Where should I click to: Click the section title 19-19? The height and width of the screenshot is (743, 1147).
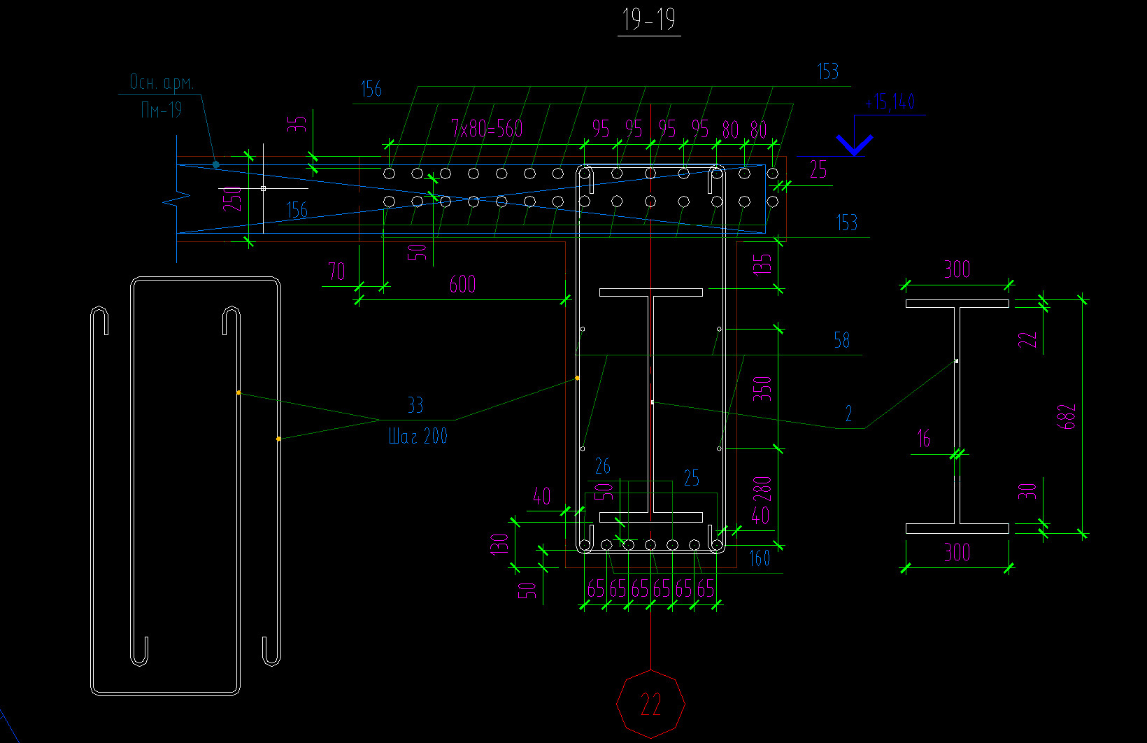[x=649, y=20]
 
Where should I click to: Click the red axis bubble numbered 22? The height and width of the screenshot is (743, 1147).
[x=650, y=704]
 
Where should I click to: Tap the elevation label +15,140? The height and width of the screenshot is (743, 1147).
[x=890, y=102]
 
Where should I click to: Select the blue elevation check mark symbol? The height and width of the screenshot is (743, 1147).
[x=855, y=145]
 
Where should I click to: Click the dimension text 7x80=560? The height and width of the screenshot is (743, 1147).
[x=487, y=129]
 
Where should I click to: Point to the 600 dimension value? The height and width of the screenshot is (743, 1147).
[x=462, y=284]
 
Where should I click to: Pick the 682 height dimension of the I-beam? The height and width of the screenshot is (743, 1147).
[x=1067, y=417]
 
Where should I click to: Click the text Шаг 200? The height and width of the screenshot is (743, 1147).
[x=418, y=437]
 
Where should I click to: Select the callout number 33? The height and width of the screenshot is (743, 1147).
[x=415, y=406]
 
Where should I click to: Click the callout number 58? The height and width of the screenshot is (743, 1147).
[x=841, y=341]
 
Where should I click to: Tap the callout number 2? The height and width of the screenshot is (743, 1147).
[x=848, y=414]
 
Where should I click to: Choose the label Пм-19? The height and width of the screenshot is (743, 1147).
[x=162, y=110]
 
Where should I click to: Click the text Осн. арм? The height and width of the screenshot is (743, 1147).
[x=162, y=83]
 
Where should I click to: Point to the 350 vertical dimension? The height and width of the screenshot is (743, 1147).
[x=762, y=388]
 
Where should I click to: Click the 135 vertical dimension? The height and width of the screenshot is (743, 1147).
[x=762, y=264]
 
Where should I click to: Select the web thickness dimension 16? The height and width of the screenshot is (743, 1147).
[x=923, y=439]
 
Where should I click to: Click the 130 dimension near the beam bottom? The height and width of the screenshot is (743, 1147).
[x=499, y=544]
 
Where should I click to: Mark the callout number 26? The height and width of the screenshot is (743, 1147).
[x=602, y=466]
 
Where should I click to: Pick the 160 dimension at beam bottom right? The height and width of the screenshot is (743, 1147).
[x=759, y=558]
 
